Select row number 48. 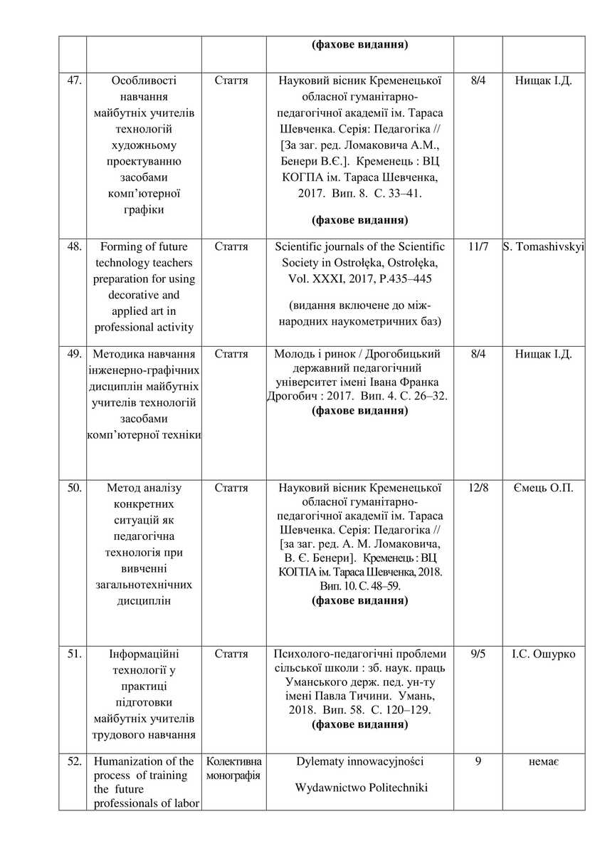73,246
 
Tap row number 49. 73,353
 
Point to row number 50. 73,488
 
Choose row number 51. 73,654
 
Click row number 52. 73,761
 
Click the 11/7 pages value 478,246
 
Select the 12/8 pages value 478,488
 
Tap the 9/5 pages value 478,654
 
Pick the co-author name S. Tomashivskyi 543,246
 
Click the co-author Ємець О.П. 543,488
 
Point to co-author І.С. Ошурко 543,654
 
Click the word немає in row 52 543,761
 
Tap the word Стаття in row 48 231,246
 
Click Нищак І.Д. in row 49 543,353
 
